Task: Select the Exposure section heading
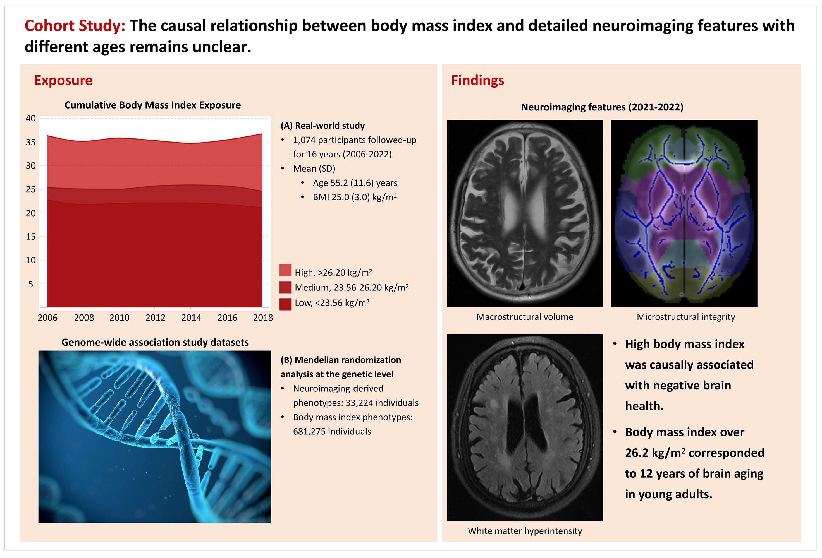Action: pos(63,81)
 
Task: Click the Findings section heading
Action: pos(477,81)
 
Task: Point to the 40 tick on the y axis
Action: pos(31,118)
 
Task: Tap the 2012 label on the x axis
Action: pos(155,318)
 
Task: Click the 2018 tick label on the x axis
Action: pos(263,318)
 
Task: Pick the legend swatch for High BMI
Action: pos(285,270)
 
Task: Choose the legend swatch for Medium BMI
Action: pos(285,287)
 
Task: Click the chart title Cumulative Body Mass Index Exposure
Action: pos(152,105)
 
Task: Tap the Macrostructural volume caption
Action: pos(525,317)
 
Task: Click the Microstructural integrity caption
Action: pos(686,317)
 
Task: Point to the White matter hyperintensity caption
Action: pos(525,531)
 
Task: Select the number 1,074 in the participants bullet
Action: pos(304,140)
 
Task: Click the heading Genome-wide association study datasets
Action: pos(155,342)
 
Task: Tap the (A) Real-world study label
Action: pos(322,126)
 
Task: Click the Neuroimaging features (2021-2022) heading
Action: pos(602,107)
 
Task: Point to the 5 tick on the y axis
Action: pos(31,284)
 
